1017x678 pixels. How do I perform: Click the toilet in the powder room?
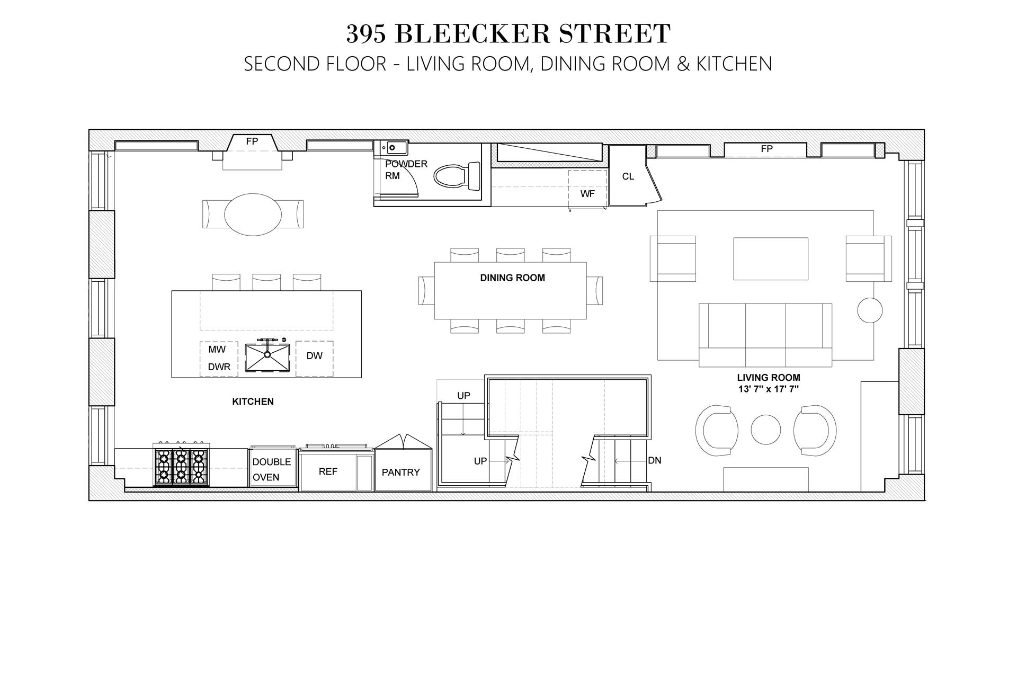(456, 175)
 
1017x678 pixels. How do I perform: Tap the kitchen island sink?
(267, 357)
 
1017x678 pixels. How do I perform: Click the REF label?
(328, 471)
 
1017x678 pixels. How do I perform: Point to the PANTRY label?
(400, 472)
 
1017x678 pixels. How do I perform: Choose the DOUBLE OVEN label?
(271, 469)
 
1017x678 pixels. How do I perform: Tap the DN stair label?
(655, 460)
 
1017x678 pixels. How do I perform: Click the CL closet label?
(628, 176)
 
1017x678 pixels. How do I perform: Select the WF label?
(587, 194)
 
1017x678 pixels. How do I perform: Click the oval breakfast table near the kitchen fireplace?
(253, 213)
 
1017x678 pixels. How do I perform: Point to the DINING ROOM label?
(512, 278)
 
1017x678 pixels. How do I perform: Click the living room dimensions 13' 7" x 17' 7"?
(768, 389)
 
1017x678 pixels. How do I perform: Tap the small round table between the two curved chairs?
(765, 429)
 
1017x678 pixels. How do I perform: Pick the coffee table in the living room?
(770, 258)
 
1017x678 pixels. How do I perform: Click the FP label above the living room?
(766, 149)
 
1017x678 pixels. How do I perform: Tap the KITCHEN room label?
(253, 402)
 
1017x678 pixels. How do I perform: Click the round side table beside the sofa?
(870, 309)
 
